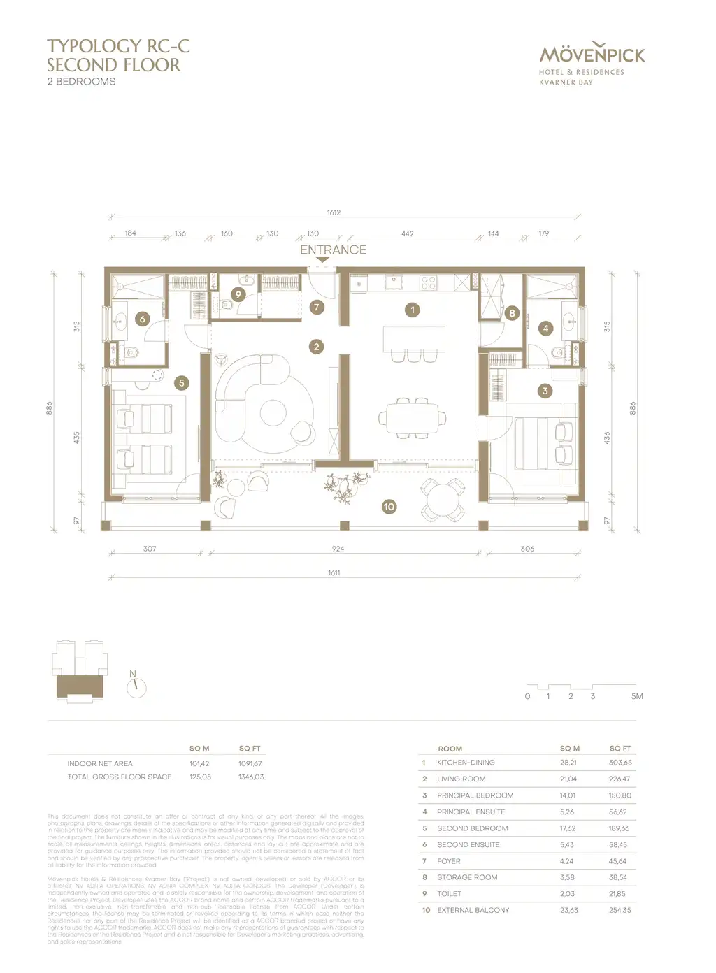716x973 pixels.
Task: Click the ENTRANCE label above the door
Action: (333, 250)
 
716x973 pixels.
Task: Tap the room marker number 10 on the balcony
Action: (389, 507)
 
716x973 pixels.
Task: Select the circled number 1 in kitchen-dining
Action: (413, 310)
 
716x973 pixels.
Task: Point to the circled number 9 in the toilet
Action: (238, 295)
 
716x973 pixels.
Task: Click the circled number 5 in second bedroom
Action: (182, 383)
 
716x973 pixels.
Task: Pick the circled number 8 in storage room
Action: (512, 314)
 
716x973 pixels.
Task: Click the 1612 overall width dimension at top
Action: (334, 212)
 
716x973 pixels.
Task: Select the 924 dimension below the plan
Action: (338, 549)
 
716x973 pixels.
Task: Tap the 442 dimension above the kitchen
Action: (408, 234)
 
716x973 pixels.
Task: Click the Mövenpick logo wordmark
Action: (592, 54)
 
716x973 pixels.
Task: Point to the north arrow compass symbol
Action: (136, 687)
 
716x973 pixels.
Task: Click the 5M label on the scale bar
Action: (636, 696)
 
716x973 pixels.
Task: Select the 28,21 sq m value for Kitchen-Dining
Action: (568, 763)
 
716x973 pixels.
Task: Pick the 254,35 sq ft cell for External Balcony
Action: (620, 910)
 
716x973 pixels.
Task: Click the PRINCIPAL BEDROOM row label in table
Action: (475, 795)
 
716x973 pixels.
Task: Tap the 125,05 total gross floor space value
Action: (200, 777)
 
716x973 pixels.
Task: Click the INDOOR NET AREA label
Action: (100, 763)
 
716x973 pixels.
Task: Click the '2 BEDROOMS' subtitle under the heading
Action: (81, 82)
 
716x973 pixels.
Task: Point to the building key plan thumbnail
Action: (80, 670)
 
